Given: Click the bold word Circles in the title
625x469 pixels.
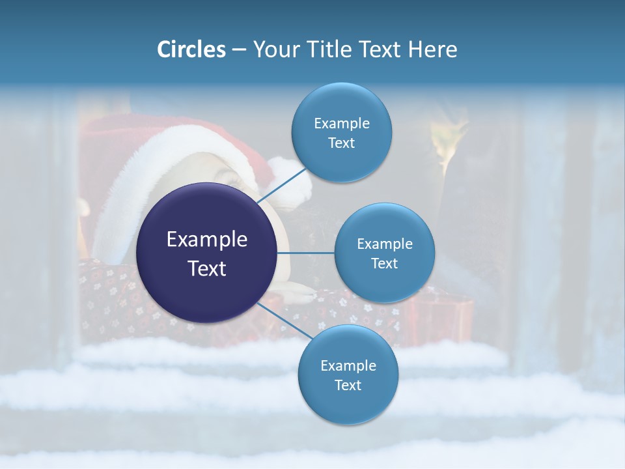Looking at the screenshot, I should coord(191,50).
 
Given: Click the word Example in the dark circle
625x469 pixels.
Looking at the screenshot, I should coord(207,240).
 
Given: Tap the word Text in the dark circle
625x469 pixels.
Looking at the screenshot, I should coord(207,268).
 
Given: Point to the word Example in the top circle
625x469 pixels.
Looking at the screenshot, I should coord(342,124).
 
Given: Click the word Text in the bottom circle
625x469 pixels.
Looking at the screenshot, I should coord(348,386).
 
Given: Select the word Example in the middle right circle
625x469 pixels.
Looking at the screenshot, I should coord(385,244).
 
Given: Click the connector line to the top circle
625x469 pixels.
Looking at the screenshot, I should coord(282,185).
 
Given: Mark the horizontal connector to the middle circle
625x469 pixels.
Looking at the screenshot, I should coord(306,253).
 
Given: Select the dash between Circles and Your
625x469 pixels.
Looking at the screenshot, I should coord(240,50).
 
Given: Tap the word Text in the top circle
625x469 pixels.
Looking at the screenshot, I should coord(342,143).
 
